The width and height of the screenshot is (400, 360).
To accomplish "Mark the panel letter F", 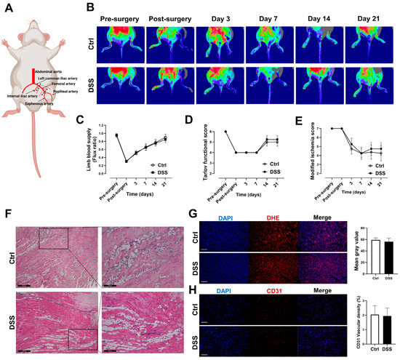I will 7,215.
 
